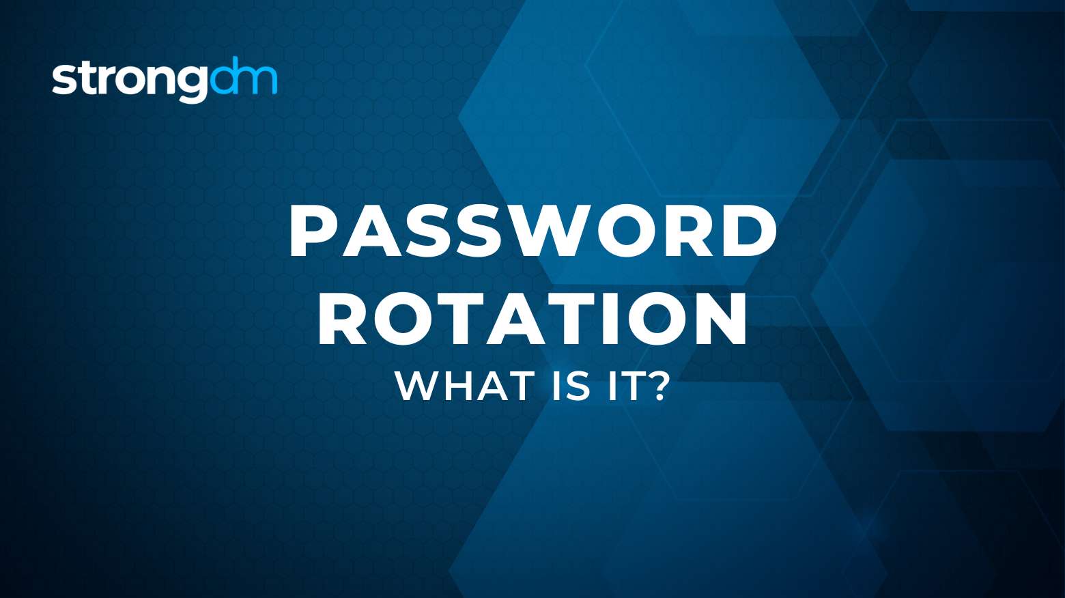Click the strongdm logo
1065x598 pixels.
click(x=165, y=79)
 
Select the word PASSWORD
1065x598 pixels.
click(x=533, y=231)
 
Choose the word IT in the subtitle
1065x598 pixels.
click(x=622, y=386)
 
